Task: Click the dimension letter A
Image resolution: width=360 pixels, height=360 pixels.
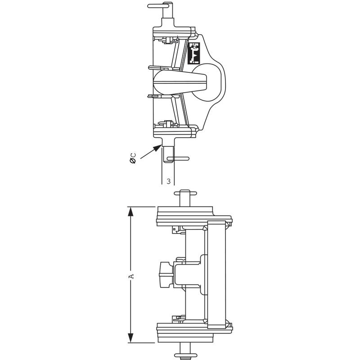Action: pos(131,276)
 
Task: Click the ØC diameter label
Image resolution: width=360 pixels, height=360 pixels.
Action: pos(133,158)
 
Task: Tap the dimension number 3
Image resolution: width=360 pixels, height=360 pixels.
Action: pos(168,181)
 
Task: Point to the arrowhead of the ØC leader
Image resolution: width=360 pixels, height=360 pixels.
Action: pos(158,148)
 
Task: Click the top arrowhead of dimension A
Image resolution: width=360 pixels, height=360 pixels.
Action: pos(130,211)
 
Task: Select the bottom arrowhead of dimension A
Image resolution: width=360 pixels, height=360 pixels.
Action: pos(130,338)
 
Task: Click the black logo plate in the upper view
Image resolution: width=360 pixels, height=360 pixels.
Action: pos(194,53)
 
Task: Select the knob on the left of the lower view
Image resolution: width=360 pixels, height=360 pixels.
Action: pos(166,274)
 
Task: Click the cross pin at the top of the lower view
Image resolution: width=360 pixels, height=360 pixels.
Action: pos(185,193)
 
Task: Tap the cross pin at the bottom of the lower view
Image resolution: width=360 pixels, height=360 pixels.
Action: pos(185,355)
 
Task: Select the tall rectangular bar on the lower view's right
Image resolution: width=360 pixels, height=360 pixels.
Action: pos(216,274)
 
